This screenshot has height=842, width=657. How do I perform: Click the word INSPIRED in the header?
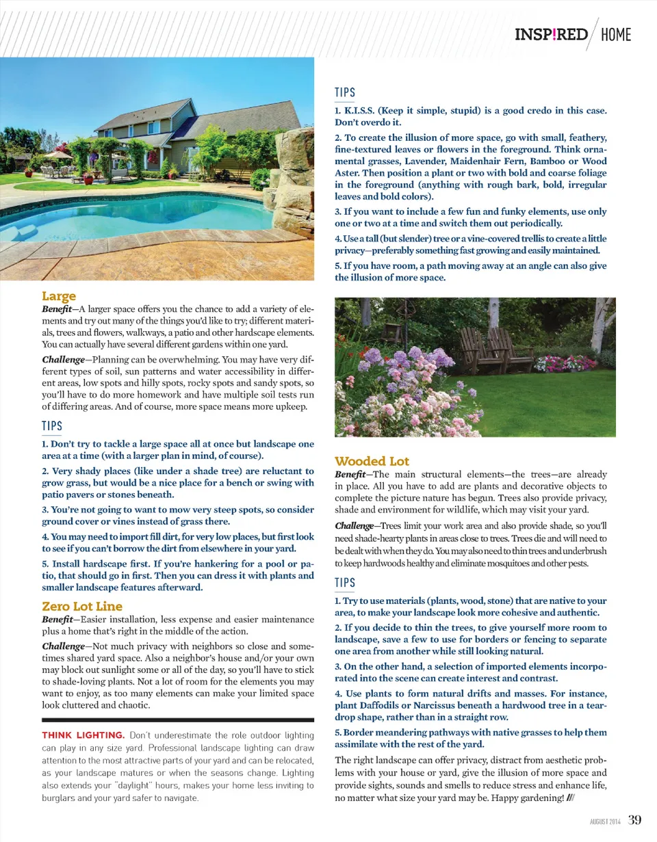point(550,34)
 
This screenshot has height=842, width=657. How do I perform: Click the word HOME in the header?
point(615,34)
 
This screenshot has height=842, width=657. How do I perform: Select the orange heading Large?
point(59,296)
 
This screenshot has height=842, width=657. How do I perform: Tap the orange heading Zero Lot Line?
point(82,606)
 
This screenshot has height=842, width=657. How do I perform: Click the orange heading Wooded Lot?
point(372,461)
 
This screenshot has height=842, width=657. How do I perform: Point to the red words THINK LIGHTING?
point(83,735)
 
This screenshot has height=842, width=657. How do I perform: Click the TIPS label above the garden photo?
point(345,92)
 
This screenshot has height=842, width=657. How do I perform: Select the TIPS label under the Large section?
point(52,425)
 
